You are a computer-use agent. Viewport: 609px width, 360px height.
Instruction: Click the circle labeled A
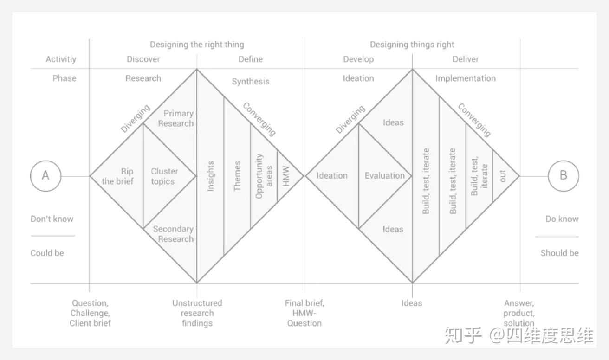45,176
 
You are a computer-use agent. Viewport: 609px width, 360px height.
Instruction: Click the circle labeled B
564,176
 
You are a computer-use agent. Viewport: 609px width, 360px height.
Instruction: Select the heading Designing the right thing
196,45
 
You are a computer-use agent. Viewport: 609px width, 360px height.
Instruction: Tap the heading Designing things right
412,45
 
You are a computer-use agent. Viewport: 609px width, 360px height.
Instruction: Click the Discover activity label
143,59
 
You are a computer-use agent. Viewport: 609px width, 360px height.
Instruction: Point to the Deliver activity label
466,59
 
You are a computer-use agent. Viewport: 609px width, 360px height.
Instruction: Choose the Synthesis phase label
250,81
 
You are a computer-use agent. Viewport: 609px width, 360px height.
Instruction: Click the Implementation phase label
465,78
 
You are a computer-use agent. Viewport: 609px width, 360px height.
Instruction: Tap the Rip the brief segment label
118,176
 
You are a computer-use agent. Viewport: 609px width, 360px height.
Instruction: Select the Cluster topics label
164,176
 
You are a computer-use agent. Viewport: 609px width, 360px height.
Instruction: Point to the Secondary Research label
173,234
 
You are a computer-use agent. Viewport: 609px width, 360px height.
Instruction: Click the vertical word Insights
210,176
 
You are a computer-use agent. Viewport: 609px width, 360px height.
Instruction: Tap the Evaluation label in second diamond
384,176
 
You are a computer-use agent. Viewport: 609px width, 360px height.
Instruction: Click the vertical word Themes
237,176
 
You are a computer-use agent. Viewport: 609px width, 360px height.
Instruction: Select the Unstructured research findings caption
197,313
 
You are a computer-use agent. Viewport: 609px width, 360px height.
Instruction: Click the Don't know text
52,219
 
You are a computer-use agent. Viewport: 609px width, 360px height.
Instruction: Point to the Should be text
559,253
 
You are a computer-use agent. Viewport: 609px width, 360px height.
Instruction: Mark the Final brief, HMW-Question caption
304,313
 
